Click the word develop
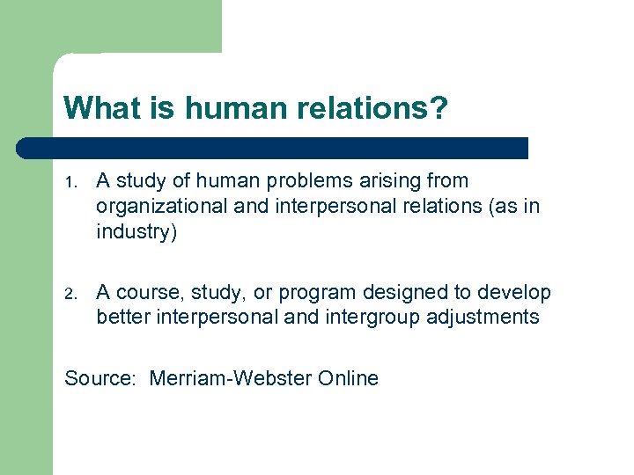pyautogui.click(x=514, y=293)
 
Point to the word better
pyautogui.click(x=124, y=317)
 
